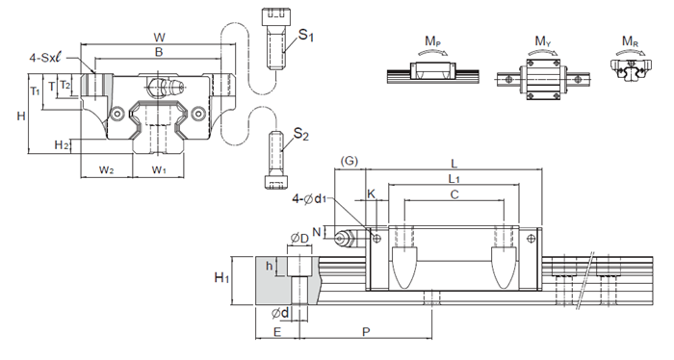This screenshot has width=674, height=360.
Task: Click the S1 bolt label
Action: tap(306, 36)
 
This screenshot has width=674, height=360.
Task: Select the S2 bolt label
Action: tap(300, 135)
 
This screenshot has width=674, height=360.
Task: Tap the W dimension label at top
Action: tap(159, 38)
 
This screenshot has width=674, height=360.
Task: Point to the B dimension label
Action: tap(159, 52)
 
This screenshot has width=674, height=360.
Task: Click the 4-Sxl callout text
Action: tap(45, 57)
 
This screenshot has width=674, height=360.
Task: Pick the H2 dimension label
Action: tap(62, 145)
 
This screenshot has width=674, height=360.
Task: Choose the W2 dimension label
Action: tap(107, 169)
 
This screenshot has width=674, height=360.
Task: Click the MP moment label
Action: tap(433, 41)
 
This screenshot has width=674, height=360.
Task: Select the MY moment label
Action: tap(543, 41)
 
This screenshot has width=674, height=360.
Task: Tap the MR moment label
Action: tap(630, 41)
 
